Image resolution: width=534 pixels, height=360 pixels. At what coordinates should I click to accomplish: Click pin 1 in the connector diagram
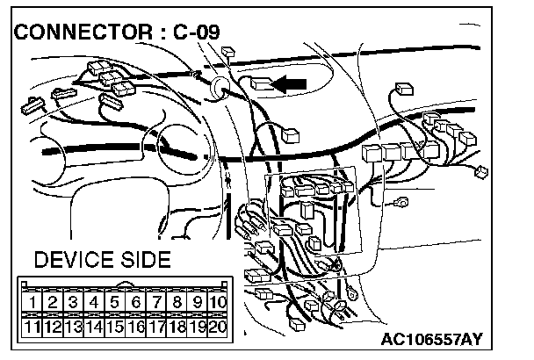[x=32, y=304]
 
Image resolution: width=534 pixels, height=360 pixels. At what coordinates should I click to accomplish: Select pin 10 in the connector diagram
[x=220, y=304]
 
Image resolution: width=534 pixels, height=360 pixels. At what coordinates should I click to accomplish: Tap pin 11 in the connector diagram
[x=32, y=328]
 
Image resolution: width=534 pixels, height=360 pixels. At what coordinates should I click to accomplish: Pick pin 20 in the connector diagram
[x=220, y=328]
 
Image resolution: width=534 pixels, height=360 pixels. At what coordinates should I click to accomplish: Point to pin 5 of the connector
[x=115, y=304]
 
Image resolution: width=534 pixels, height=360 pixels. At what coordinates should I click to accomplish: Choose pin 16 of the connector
[x=136, y=328]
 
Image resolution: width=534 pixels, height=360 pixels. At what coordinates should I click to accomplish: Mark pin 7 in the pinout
[x=157, y=304]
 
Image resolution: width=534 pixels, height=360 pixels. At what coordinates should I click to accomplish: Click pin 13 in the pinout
[x=74, y=328]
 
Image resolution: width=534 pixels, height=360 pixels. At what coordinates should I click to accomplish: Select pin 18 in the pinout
[x=178, y=328]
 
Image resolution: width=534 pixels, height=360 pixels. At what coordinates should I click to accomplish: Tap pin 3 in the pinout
[x=74, y=304]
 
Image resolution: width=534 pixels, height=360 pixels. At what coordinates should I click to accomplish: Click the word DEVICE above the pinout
[x=74, y=260]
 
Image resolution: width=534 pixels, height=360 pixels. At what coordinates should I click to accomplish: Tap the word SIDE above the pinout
[x=144, y=260]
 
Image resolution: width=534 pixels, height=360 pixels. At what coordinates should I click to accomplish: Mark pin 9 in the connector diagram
[x=198, y=304]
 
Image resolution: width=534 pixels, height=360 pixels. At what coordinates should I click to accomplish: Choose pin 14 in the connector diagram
[x=95, y=328]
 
